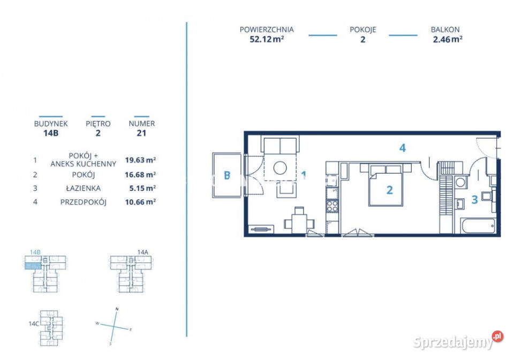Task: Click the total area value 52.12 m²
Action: pos(267,39)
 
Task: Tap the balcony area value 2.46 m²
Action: pos(448,39)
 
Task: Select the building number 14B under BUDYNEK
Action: pos(51,133)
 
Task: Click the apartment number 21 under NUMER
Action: pos(141,133)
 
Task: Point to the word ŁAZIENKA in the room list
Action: pos(84,188)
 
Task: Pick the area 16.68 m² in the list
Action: pos(140,175)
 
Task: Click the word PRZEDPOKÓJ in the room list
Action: pos(84,202)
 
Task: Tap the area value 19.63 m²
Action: pos(140,160)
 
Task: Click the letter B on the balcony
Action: pos(227,175)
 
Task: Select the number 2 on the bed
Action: pos(389,190)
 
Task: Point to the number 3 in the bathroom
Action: pos(474,199)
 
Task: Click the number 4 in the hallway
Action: pos(402,148)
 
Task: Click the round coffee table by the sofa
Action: pos(280,168)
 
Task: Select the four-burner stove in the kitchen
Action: pos(332,206)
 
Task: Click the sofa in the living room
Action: pos(280,145)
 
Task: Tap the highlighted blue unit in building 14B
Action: pos(33,266)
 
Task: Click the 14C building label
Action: pos(33,324)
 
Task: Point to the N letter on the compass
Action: pos(117,309)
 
